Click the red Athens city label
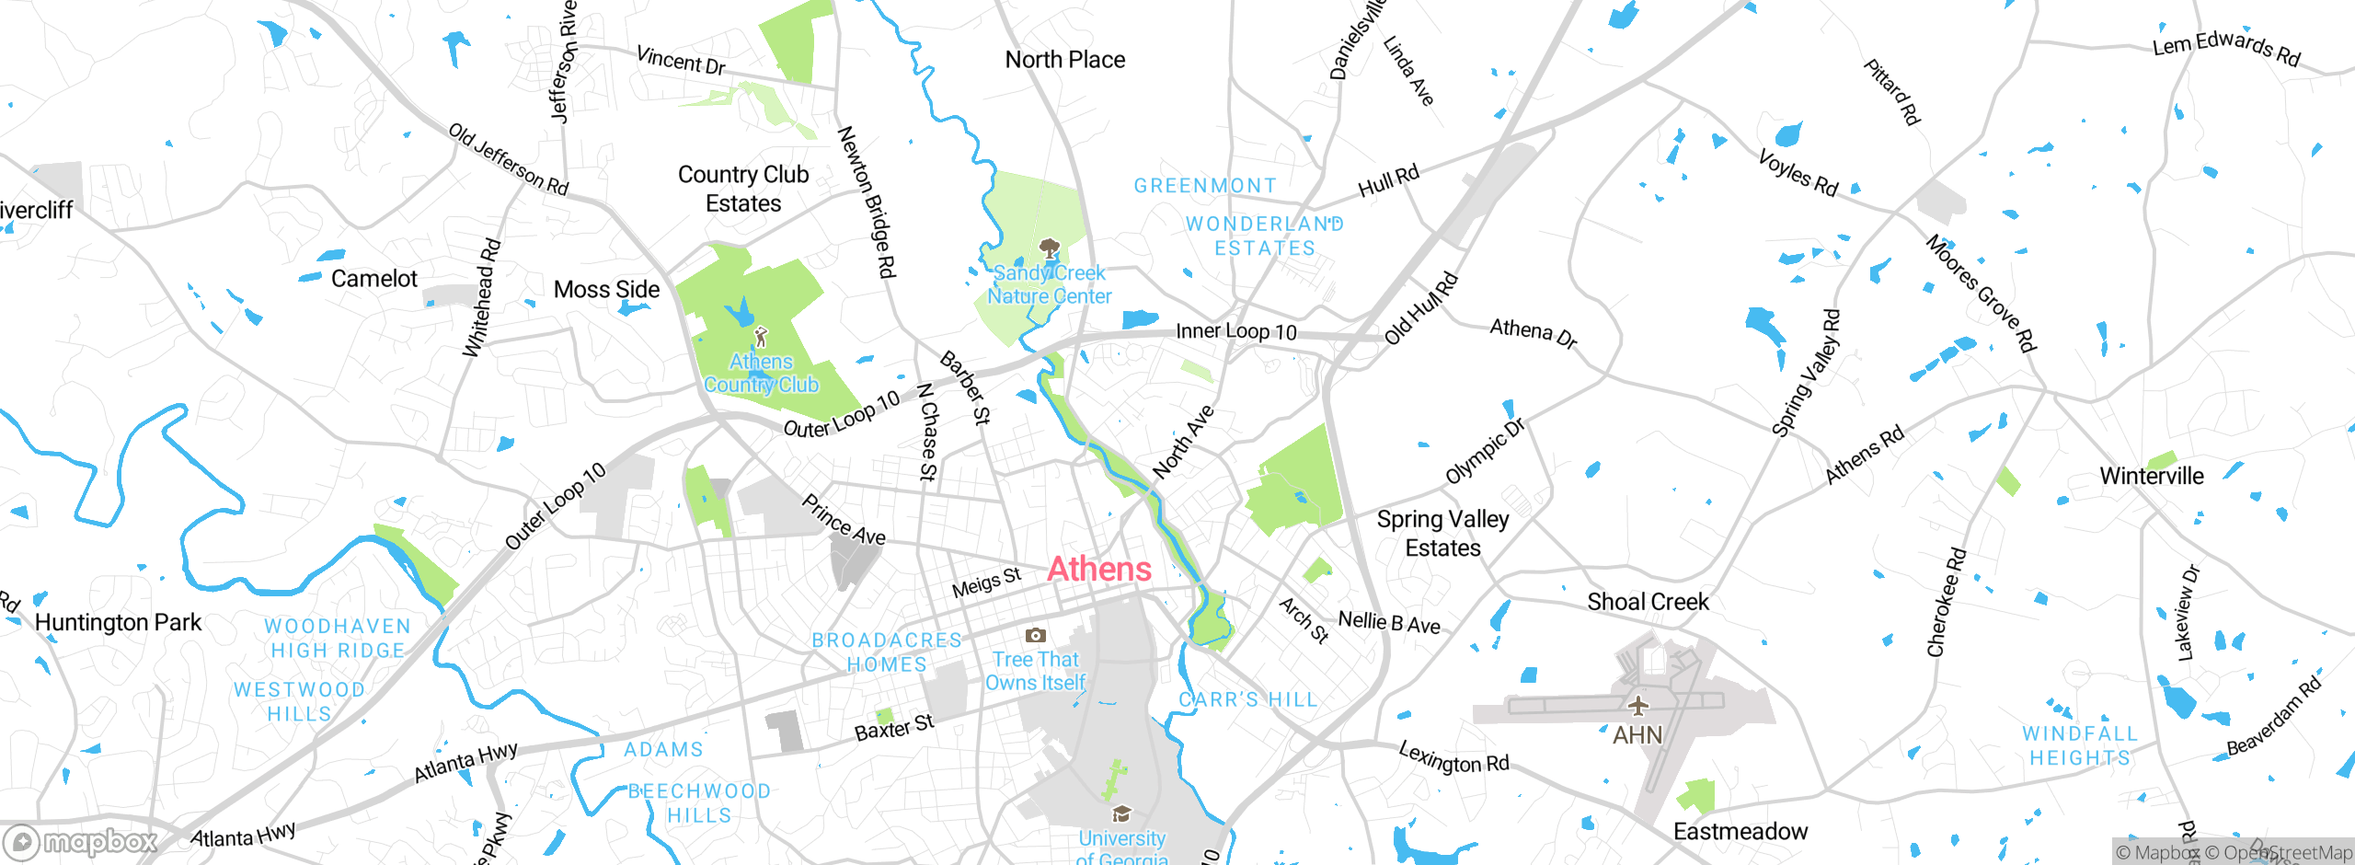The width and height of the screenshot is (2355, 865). coord(1099,570)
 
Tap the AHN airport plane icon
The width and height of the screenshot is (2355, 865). coord(1637,707)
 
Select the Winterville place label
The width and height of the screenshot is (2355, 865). coord(2152,476)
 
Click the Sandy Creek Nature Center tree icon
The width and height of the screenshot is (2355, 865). coord(1049,248)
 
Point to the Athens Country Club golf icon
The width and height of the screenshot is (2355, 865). coord(761,337)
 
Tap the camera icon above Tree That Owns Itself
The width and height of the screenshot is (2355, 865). coord(1036,635)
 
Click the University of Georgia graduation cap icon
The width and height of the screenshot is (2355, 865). coord(1121,813)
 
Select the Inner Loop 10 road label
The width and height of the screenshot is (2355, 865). coord(1236,331)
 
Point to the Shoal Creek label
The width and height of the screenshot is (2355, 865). coord(1648,602)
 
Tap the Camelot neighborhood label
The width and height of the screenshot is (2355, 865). coord(373,279)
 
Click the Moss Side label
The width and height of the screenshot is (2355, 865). coord(606,290)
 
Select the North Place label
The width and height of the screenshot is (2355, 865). coord(1064,60)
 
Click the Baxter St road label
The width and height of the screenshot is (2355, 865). coord(894,728)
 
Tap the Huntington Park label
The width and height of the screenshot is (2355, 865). coord(118,623)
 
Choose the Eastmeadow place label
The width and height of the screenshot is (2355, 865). coord(1740,832)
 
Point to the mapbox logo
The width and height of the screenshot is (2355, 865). coord(81,841)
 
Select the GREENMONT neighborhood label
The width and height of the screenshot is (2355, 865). coord(1205,186)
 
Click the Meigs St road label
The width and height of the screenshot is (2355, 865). coord(986,582)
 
